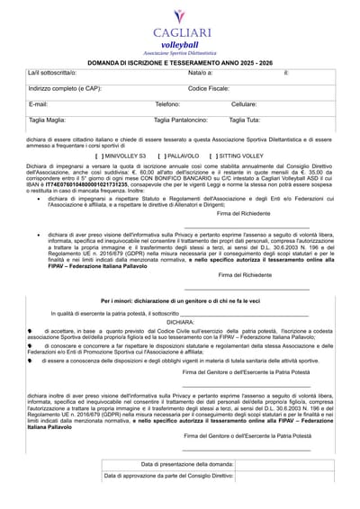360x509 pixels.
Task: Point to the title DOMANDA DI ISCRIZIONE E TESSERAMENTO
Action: click(x=180, y=60)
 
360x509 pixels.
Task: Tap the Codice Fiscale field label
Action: click(x=208, y=88)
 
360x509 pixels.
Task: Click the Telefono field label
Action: click(x=167, y=104)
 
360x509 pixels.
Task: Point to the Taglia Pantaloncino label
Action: click(x=184, y=120)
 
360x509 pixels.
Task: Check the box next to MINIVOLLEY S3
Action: click(x=98, y=156)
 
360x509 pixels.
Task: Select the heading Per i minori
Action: click(x=180, y=299)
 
